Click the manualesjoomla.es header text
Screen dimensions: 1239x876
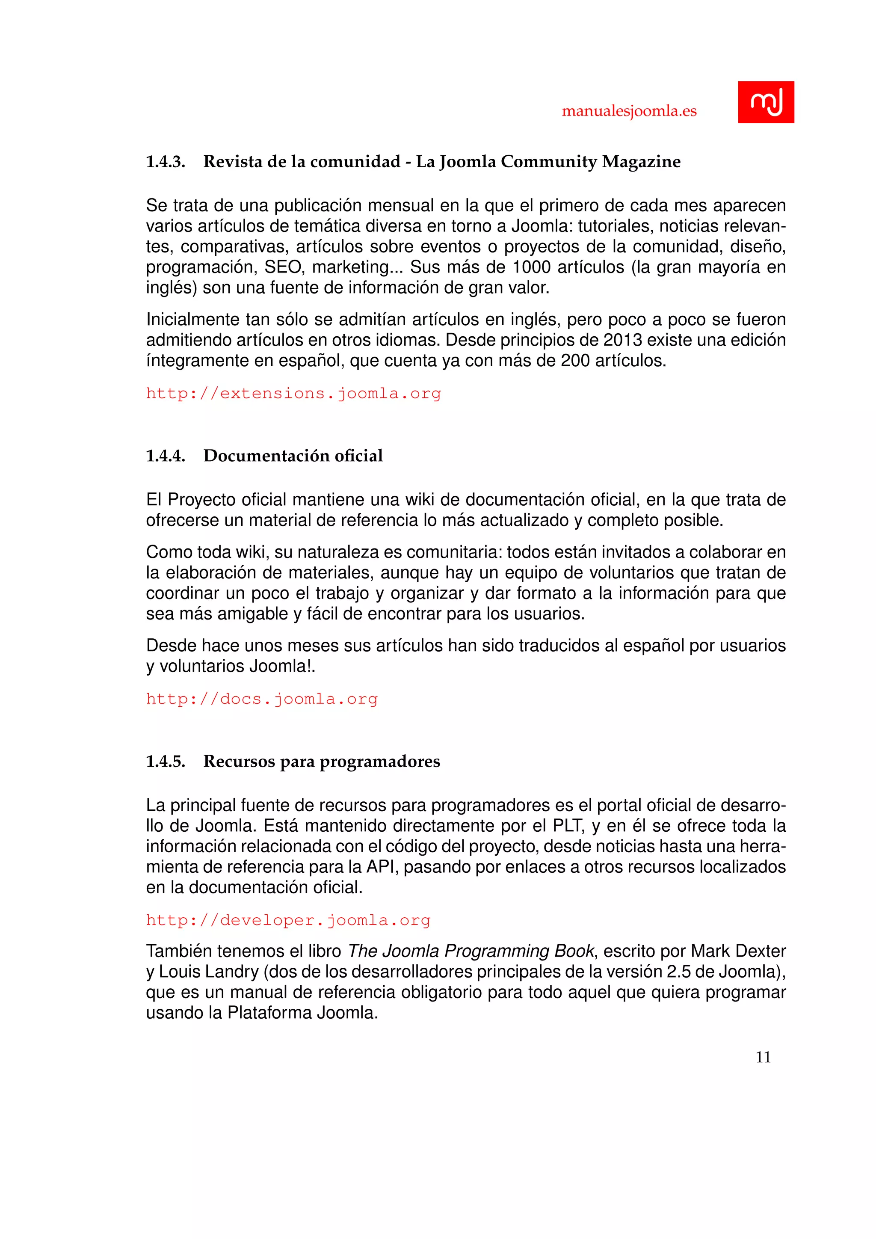pos(629,111)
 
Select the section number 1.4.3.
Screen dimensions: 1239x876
pos(166,161)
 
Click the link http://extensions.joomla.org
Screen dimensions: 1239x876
pos(293,394)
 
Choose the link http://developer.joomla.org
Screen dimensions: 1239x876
pos(288,920)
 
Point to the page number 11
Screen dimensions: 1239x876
pos(763,1057)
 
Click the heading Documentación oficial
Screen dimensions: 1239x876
pos(293,456)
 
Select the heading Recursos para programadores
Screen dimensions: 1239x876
pos(322,762)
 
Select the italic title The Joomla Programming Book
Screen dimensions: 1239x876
pos(471,951)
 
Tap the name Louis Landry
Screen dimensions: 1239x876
pos(209,972)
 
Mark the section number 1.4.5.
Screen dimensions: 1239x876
pos(166,762)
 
